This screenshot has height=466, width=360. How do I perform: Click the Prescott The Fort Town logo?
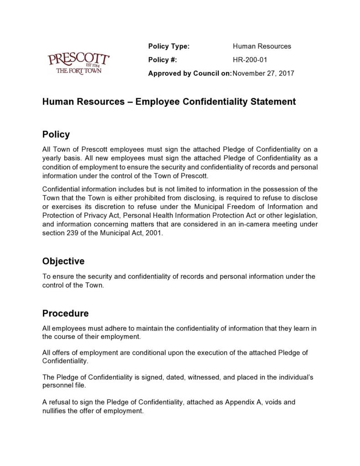point(78,63)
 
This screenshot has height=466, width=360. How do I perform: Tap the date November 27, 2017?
point(263,73)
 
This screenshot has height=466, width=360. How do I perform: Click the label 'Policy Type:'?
point(169,46)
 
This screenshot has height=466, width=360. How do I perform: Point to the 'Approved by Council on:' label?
point(190,73)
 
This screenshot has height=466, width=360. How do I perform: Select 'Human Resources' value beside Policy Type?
point(262,46)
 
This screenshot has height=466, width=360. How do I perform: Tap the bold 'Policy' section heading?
point(56,135)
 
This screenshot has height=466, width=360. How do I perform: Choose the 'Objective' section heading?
point(63,261)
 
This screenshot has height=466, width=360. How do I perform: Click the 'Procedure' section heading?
point(65,314)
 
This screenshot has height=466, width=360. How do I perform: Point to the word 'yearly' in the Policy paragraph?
point(52,158)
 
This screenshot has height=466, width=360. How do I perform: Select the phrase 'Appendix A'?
point(243,402)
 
